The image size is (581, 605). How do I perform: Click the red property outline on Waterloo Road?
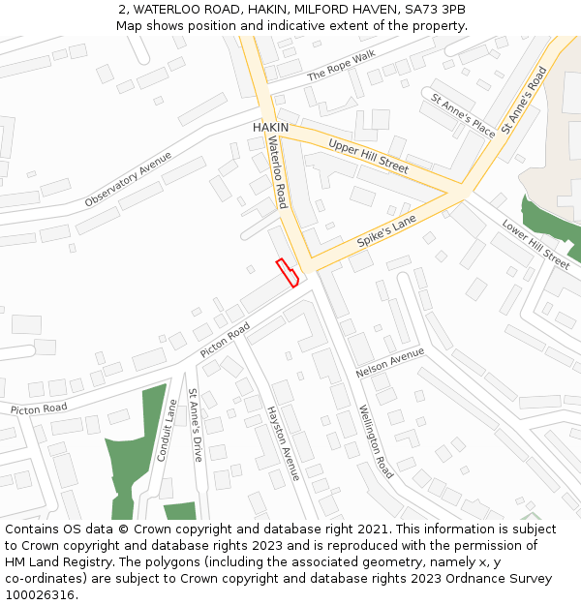tap(287, 273)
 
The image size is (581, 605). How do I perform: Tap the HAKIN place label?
tap(270, 128)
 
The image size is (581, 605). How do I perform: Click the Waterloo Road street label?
tap(278, 172)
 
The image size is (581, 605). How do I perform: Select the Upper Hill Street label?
tap(368, 156)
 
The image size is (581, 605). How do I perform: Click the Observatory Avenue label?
tap(128, 179)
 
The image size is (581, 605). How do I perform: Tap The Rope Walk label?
tap(340, 65)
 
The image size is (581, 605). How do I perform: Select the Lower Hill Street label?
tap(535, 243)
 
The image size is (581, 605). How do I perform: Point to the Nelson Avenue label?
tap(390, 363)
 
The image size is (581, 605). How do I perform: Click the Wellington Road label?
tap(376, 441)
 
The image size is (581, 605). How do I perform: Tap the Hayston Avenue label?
tap(283, 443)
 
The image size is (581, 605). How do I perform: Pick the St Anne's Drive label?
tap(196, 425)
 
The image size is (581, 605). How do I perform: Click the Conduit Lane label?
tap(168, 431)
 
